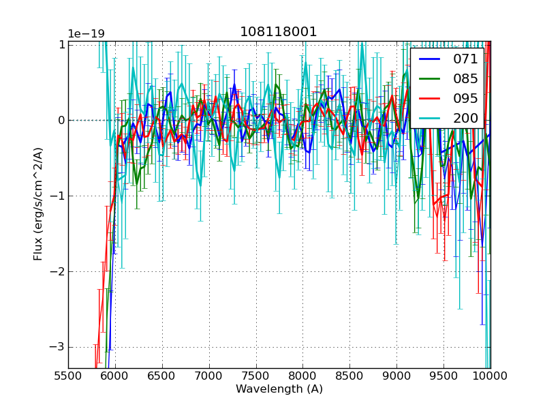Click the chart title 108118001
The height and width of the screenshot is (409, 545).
point(279,32)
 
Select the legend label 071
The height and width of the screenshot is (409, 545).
point(465,59)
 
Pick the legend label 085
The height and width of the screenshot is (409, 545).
point(465,78)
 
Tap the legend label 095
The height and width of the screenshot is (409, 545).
point(465,98)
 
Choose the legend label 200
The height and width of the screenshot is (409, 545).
point(465,118)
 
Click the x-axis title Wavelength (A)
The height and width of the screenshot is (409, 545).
point(279,389)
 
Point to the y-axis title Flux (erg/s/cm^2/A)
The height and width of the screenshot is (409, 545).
point(39,203)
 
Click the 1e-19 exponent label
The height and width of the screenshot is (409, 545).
point(86,34)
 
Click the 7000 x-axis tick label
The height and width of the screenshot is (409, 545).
point(208,376)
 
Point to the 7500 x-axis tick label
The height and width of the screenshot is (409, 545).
point(255,376)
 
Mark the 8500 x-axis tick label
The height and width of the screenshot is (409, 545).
point(349,376)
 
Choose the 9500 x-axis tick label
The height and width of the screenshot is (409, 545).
point(443,376)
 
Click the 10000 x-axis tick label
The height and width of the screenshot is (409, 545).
point(490,376)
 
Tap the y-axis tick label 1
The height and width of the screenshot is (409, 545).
point(61,44)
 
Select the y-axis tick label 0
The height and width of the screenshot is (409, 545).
point(61,120)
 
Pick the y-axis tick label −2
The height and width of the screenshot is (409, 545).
point(56,271)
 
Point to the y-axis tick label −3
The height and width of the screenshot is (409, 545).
point(56,347)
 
